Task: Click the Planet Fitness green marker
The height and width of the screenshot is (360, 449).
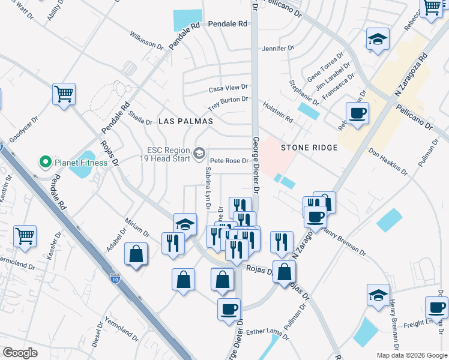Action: [x=44, y=162]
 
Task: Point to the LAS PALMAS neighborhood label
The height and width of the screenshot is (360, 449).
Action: [x=186, y=121]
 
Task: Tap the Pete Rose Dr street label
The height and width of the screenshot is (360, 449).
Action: [x=229, y=161]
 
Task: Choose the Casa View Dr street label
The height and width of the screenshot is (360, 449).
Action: [x=228, y=89]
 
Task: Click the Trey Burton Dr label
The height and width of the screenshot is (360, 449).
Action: [x=228, y=100]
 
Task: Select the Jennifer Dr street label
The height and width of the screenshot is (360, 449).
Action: [x=279, y=48]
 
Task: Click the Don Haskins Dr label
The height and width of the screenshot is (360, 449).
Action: [x=388, y=160]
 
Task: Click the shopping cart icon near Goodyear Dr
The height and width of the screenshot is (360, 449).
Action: [x=64, y=94]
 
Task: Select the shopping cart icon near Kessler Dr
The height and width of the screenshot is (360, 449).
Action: [x=25, y=236]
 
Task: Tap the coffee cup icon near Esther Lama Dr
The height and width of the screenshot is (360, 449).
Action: [x=229, y=309]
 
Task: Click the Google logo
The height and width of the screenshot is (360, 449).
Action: [x=20, y=353]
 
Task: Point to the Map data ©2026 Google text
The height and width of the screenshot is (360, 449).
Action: [x=411, y=355]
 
